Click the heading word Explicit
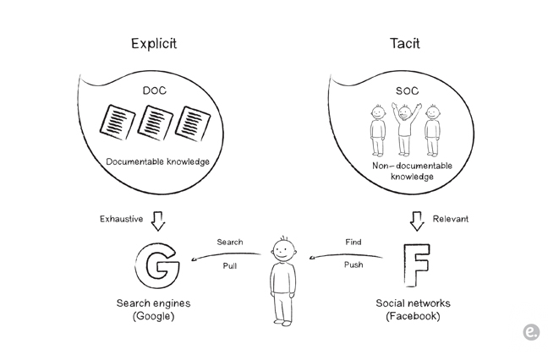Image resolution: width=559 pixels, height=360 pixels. (x=154, y=43)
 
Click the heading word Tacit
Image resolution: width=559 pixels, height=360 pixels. (x=404, y=43)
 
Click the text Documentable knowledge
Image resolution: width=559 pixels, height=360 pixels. (x=158, y=161)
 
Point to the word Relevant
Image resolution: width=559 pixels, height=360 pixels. (x=450, y=219)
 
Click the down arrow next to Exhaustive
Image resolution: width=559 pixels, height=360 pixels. (x=157, y=221)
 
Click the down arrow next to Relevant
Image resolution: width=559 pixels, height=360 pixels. (x=416, y=221)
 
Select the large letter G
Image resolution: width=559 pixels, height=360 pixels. (x=156, y=265)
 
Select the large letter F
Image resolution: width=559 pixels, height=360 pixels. (x=414, y=265)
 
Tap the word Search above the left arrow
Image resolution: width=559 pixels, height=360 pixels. (x=229, y=242)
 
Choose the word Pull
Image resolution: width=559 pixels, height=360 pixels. (x=229, y=265)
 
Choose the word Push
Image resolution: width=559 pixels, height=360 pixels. (x=353, y=265)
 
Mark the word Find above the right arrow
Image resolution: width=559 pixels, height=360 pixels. (x=353, y=242)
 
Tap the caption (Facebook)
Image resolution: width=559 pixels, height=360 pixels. (x=413, y=316)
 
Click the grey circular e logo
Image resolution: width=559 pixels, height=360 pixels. (x=531, y=333)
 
